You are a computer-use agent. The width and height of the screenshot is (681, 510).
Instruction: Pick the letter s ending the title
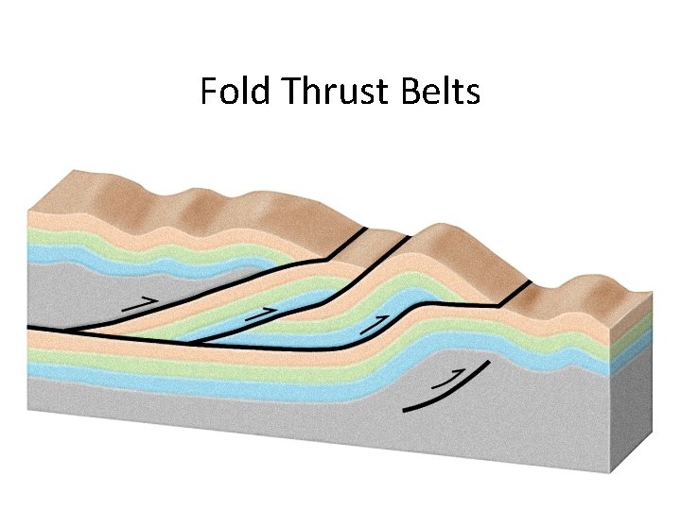tap(473, 94)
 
